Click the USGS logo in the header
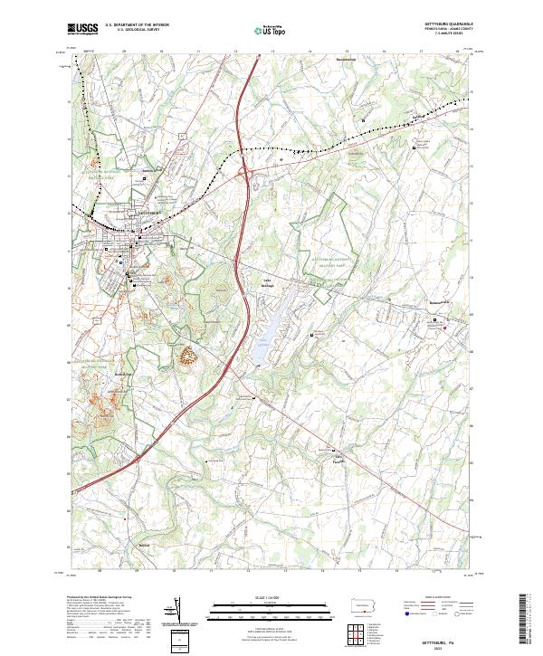tap(82, 30)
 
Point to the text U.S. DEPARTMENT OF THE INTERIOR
tap(137, 26)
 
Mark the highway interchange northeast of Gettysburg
tap(245, 170)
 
